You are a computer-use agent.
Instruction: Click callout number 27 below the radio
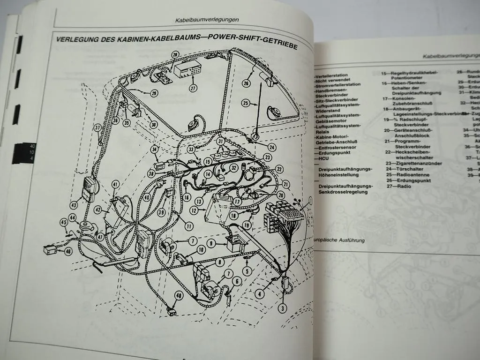(x=193, y=88)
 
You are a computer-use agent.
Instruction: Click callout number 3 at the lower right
(x=282, y=308)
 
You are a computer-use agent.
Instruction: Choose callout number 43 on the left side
(x=74, y=205)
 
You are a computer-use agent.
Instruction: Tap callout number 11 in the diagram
(x=189, y=226)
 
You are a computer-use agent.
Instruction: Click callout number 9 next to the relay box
(x=211, y=243)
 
